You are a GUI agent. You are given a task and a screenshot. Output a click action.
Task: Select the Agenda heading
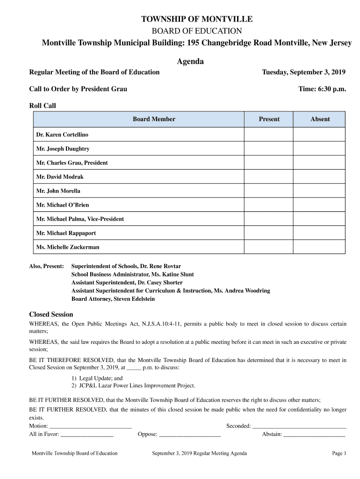(x=190, y=62)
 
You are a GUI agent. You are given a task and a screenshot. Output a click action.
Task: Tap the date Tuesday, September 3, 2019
(x=303, y=72)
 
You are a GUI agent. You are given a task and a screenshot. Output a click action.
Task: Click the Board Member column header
(x=154, y=119)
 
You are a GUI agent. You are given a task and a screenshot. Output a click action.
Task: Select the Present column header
(x=269, y=119)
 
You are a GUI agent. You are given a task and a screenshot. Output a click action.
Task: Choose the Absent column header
(x=320, y=119)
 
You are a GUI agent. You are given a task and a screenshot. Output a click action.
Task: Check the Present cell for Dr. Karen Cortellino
(x=269, y=135)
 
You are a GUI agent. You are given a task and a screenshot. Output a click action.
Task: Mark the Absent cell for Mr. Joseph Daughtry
(x=320, y=149)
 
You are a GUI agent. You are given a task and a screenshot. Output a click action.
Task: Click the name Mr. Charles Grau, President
(x=72, y=163)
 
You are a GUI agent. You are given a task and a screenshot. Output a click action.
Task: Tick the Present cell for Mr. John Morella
(x=269, y=191)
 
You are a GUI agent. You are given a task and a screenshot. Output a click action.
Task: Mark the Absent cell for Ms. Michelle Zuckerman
(x=320, y=247)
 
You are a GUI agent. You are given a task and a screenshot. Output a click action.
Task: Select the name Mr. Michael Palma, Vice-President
(x=80, y=219)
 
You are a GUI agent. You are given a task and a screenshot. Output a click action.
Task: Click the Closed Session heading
(x=51, y=314)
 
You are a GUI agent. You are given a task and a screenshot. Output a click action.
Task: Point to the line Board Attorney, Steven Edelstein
(x=113, y=299)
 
